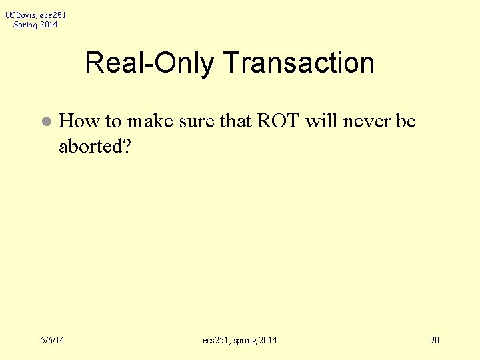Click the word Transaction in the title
click(299, 63)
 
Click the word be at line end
click(406, 121)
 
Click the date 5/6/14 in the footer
click(51, 341)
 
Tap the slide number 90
click(435, 341)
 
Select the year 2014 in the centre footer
click(266, 341)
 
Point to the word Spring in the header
click(25, 25)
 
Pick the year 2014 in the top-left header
click(49, 25)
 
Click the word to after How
click(113, 121)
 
